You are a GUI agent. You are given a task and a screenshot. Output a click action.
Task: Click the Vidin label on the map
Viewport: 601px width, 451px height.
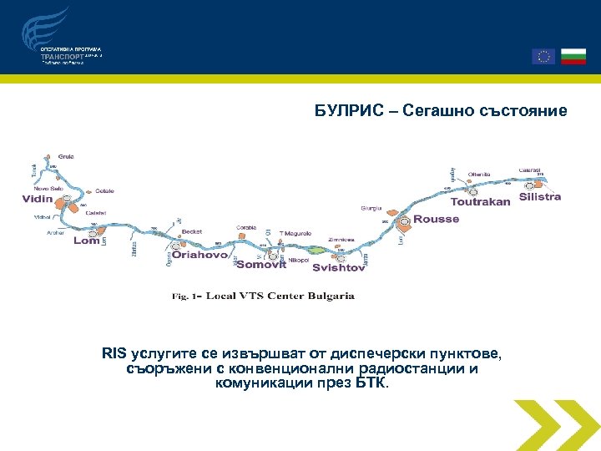coord(38,200)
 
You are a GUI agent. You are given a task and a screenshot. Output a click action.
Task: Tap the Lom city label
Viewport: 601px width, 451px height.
coord(86,241)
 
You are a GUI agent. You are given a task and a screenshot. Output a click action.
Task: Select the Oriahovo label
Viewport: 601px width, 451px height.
coord(199,256)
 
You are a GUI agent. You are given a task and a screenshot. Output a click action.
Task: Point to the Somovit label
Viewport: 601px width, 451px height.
coord(261,265)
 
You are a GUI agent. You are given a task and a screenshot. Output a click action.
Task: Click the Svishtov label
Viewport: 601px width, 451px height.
coord(339,268)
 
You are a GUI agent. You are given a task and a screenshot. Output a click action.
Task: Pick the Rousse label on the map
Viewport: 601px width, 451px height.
coord(437,220)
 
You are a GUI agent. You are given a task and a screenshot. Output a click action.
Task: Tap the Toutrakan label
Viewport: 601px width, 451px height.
coord(480,202)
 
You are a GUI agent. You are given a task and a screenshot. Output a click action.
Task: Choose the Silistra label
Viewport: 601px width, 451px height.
coord(540,197)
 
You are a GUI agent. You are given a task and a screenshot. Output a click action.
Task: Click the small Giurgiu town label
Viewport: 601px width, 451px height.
coord(371,208)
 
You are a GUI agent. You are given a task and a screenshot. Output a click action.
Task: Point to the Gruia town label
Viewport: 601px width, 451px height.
coord(66,156)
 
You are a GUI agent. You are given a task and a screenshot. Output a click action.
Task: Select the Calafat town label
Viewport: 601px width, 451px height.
coord(95,212)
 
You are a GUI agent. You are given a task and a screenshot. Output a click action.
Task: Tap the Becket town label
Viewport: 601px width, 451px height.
coord(192,232)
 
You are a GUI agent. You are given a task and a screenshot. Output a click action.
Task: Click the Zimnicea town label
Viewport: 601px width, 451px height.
coord(341,239)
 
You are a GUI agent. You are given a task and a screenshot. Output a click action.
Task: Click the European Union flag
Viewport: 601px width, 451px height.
coord(543,56)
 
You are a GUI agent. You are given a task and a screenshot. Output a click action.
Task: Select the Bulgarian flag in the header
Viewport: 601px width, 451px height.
coord(573,56)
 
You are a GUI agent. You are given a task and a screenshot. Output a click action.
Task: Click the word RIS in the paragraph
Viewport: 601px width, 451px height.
coord(114,355)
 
